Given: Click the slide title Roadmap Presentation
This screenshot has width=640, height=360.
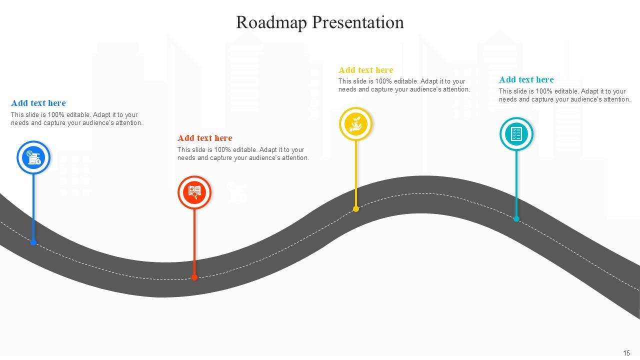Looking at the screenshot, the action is tap(319, 22).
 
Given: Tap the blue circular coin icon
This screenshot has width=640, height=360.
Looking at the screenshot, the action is tap(33, 157).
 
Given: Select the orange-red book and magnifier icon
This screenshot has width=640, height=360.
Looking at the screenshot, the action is tap(194, 192).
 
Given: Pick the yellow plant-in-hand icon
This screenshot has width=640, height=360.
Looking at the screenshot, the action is tap(356, 123).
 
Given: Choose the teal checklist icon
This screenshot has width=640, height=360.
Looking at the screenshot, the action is tap(516, 133).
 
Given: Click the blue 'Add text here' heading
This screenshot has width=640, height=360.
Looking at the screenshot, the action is tap(38, 103).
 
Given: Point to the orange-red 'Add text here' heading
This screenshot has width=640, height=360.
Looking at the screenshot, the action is tap(205, 138).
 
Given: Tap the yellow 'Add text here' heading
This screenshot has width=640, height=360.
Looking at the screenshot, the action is tap(366, 70).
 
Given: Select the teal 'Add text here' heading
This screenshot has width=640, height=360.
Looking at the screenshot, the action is tap(526, 79).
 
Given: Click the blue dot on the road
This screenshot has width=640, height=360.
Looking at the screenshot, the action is tap(33, 242).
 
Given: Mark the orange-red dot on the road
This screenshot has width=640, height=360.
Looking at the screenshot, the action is tap(194, 277).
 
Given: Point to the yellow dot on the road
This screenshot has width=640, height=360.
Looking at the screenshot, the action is tap(356, 209).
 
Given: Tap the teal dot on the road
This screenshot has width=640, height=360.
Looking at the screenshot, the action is tap(516, 218).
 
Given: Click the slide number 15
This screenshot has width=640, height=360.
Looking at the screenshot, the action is tap(626, 353).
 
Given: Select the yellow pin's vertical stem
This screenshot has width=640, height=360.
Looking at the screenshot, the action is tap(356, 172).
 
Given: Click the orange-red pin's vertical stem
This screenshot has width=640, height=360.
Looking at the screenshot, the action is tap(194, 240).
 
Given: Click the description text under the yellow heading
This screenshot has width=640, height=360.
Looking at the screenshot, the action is tap(404, 85).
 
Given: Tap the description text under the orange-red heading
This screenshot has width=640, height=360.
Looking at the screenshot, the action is tap(243, 153).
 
